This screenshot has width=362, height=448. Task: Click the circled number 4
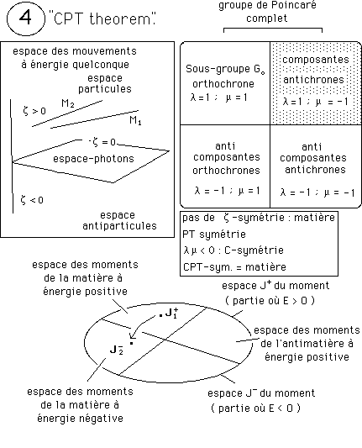pyautogui.click(x=26, y=18)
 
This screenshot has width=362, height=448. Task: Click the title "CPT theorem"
pyautogui.click(x=102, y=18)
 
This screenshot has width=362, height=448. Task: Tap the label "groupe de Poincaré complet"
pyautogui.click(x=267, y=12)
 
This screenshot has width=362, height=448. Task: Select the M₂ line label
pyautogui.click(x=68, y=103)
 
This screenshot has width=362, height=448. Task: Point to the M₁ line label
pyautogui.click(x=135, y=120)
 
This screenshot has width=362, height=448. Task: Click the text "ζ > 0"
pyautogui.click(x=34, y=111)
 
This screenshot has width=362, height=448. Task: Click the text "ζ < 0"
pyautogui.click(x=32, y=200)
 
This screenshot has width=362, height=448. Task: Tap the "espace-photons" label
pyautogui.click(x=93, y=159)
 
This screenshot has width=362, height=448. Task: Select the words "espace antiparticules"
pyautogui.click(x=119, y=220)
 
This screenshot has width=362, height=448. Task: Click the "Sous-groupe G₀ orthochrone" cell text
pyautogui.click(x=225, y=76)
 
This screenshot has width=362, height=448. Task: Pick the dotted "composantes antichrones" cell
pyautogui.click(x=316, y=83)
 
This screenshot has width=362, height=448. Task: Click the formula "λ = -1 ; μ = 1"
pyautogui.click(x=228, y=191)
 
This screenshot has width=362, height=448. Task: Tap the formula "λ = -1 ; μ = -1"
pyautogui.click(x=317, y=192)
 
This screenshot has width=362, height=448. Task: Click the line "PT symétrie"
pyautogui.click(x=214, y=235)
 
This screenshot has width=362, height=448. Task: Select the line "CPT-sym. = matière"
pyautogui.click(x=234, y=266)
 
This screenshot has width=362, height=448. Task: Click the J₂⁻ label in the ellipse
pyautogui.click(x=117, y=350)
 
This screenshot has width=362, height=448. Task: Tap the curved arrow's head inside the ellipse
pyautogui.click(x=132, y=336)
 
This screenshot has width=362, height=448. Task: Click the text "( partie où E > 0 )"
pyautogui.click(x=270, y=301)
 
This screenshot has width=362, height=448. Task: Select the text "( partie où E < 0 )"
pyautogui.click(x=255, y=408)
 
